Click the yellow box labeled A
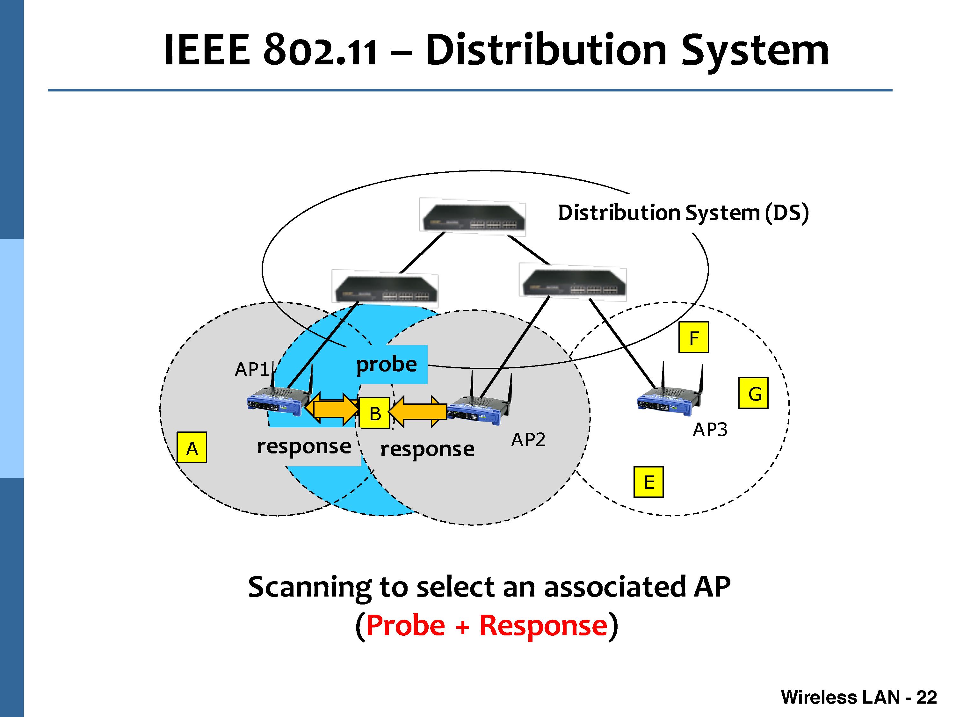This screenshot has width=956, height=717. (x=192, y=448)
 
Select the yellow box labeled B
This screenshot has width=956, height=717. (x=375, y=413)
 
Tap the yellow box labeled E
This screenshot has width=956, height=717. (x=648, y=482)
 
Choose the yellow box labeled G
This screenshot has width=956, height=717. (x=753, y=393)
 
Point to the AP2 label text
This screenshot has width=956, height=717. (x=528, y=440)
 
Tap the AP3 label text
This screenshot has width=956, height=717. (x=710, y=430)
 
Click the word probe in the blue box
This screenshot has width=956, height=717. (x=386, y=364)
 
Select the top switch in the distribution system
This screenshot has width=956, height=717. (x=473, y=217)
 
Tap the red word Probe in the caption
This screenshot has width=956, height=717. (x=405, y=626)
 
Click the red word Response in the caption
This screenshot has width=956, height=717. (x=543, y=626)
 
